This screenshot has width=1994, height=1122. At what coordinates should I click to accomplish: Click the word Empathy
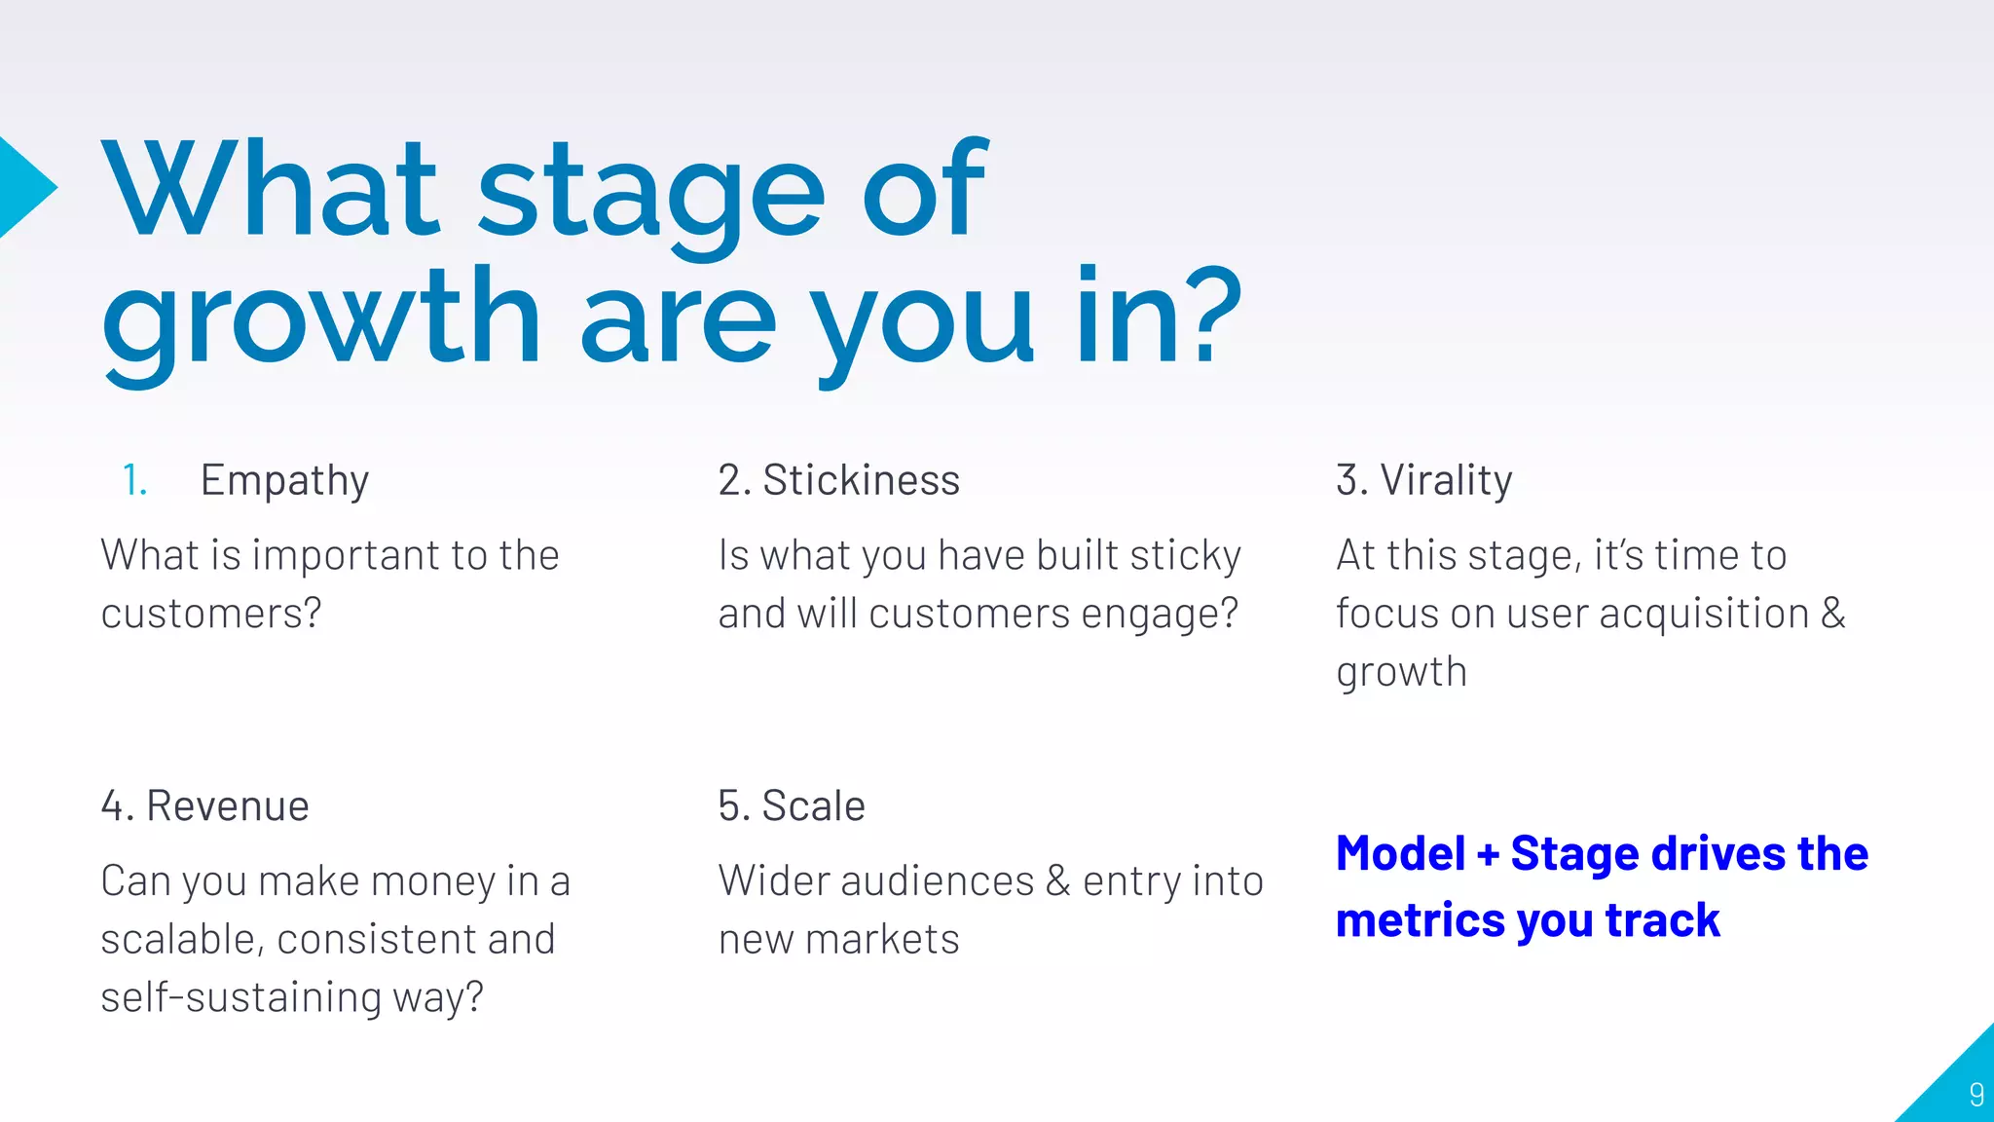pyautogui.click(x=284, y=481)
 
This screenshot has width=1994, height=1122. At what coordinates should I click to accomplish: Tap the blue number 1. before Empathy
pyautogui.click(x=134, y=481)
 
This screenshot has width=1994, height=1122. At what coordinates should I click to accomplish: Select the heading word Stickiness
pyautogui.click(x=861, y=481)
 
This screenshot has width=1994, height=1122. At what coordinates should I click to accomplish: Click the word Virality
pyautogui.click(x=1446, y=481)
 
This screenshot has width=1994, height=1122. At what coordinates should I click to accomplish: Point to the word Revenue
pyautogui.click(x=227, y=806)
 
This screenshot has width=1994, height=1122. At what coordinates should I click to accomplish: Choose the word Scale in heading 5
pyautogui.click(x=813, y=806)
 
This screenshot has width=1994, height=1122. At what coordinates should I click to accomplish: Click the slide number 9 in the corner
pyautogui.click(x=1976, y=1094)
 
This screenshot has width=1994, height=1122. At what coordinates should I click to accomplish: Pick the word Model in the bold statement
pyautogui.click(x=1400, y=854)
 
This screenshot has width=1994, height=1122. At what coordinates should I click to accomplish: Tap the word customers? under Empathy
pyautogui.click(x=210, y=615)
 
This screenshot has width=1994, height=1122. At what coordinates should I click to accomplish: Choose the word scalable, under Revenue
pyautogui.click(x=182, y=940)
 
